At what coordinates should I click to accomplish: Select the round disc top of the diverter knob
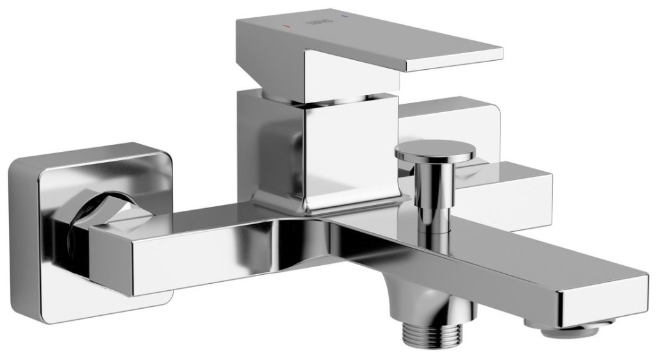[x=436, y=152]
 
